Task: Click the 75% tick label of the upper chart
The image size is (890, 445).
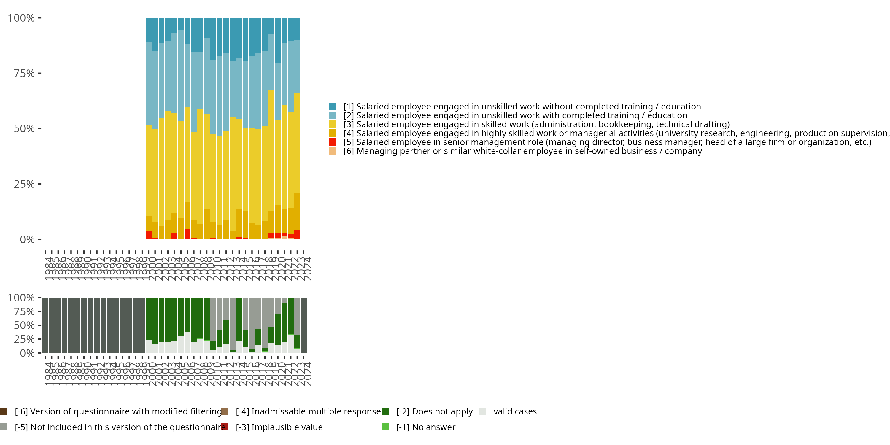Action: tap(24, 74)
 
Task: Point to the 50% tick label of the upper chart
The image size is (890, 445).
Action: tap(24, 129)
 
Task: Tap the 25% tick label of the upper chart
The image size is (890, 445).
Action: tap(24, 184)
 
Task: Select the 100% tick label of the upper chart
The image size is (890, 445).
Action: tap(21, 18)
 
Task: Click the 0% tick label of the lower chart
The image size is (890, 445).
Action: tap(27, 353)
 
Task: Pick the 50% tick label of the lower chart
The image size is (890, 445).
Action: tap(24, 325)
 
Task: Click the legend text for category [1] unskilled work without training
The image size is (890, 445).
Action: tap(522, 107)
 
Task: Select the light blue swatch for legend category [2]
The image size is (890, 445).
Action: tap(332, 115)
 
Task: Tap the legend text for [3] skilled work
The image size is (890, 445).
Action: tap(536, 124)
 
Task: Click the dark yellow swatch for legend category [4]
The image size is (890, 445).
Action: tap(332, 133)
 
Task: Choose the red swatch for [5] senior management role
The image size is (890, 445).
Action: tap(332, 142)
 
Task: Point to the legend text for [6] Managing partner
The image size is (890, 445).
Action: tap(522, 151)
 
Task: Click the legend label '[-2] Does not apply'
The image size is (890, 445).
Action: tap(434, 411)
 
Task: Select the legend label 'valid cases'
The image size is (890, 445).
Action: tap(515, 411)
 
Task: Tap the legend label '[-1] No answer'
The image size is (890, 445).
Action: tap(426, 427)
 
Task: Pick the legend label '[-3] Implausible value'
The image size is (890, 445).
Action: tap(279, 427)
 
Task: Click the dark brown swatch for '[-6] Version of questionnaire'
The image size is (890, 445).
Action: tap(4, 411)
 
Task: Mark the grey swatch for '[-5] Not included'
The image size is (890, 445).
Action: tap(4, 427)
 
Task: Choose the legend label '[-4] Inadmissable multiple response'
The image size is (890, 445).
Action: tap(308, 411)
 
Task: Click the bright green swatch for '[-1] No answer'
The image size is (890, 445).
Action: tap(385, 427)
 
